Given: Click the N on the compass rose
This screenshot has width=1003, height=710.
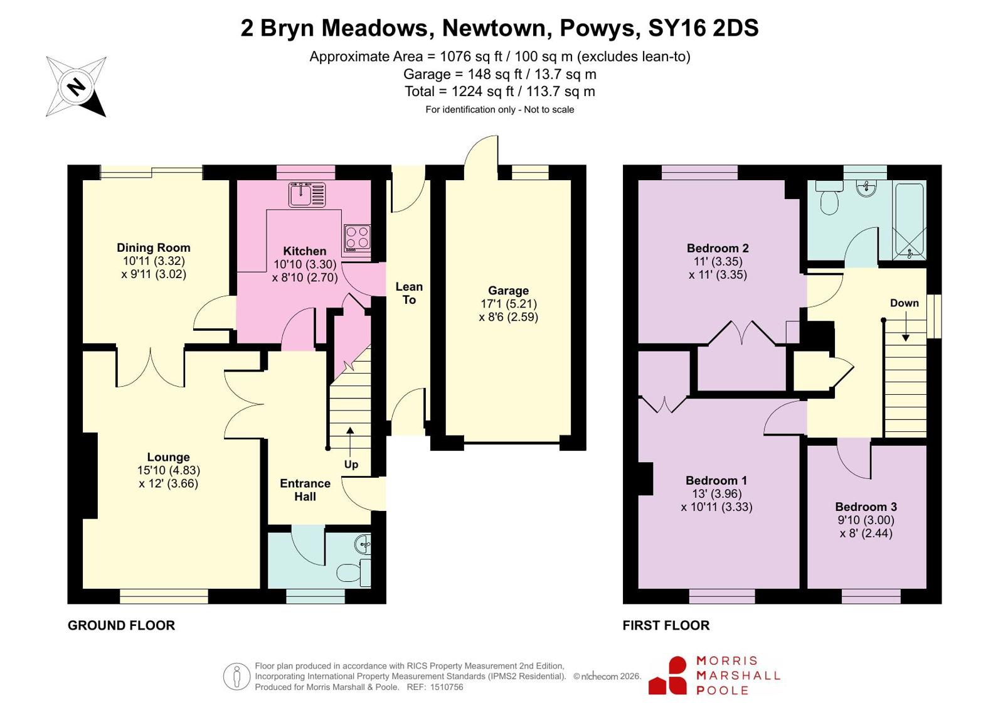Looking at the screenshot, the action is (x=77, y=87).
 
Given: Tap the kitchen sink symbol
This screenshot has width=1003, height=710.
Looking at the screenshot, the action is (x=307, y=195).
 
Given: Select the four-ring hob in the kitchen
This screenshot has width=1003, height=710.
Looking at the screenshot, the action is (x=358, y=237).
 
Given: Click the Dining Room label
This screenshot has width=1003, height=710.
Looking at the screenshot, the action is (x=154, y=247).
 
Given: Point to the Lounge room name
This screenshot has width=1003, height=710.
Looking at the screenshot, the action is (x=168, y=457).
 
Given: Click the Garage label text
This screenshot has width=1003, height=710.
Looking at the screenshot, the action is (x=508, y=291).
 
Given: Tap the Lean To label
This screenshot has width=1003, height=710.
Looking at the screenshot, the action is (x=409, y=293).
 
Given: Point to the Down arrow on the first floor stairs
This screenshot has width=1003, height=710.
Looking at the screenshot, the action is (x=905, y=326).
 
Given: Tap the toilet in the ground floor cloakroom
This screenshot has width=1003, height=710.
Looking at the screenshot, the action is (x=353, y=573).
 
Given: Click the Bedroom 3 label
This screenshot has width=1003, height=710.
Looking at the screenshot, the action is (x=866, y=507).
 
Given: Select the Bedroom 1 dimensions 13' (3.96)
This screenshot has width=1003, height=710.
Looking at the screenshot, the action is (x=717, y=493).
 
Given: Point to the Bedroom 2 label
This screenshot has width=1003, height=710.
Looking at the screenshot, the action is (x=718, y=248).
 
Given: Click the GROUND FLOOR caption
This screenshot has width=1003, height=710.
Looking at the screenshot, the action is (x=121, y=625).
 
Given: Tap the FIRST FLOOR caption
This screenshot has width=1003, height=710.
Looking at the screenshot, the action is (x=666, y=625).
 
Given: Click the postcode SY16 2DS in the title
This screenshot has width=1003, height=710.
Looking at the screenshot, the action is (x=703, y=28).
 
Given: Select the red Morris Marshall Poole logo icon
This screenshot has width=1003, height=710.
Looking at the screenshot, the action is (x=667, y=675).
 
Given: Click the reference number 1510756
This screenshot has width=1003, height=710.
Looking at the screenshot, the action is (x=447, y=687).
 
